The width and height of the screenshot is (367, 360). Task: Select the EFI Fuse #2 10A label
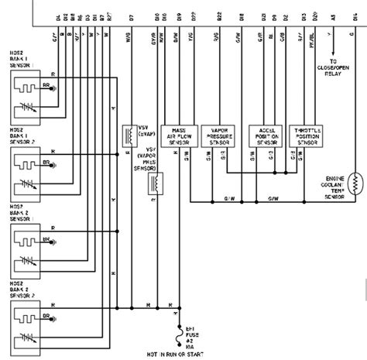click(196, 323)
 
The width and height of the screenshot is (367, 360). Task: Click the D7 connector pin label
click(131, 17)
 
